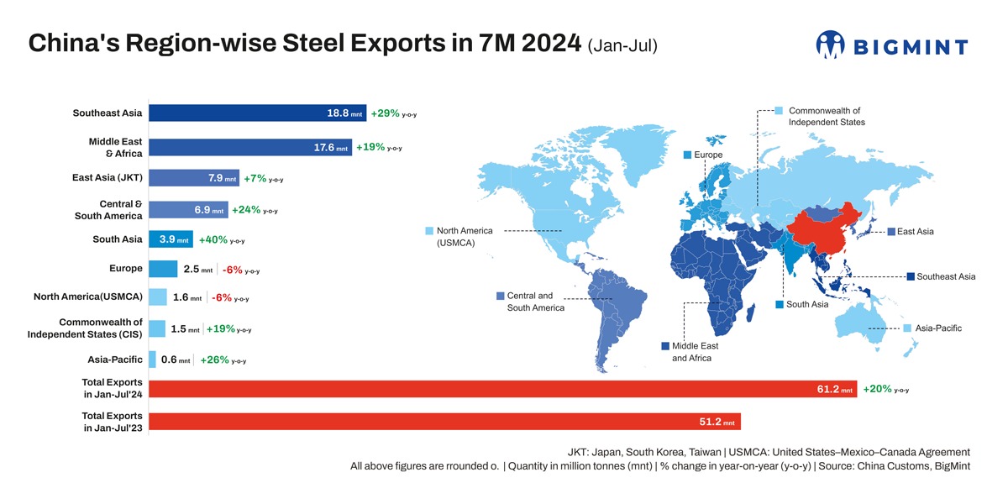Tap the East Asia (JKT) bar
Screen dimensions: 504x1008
193,178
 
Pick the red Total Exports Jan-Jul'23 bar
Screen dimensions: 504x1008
444,422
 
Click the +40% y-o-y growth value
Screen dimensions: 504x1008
212,239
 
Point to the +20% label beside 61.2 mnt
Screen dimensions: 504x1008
877,389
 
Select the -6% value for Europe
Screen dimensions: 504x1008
233,270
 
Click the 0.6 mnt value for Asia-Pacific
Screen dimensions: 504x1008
169,360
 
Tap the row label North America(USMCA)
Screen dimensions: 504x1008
88,297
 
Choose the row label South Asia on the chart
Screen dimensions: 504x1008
117,239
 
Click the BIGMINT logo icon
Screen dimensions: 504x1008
830,45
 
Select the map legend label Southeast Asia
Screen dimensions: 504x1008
946,276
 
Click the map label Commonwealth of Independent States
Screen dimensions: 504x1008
825,116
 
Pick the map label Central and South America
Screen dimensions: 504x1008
536,302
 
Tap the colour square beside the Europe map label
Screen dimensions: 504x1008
688,155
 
